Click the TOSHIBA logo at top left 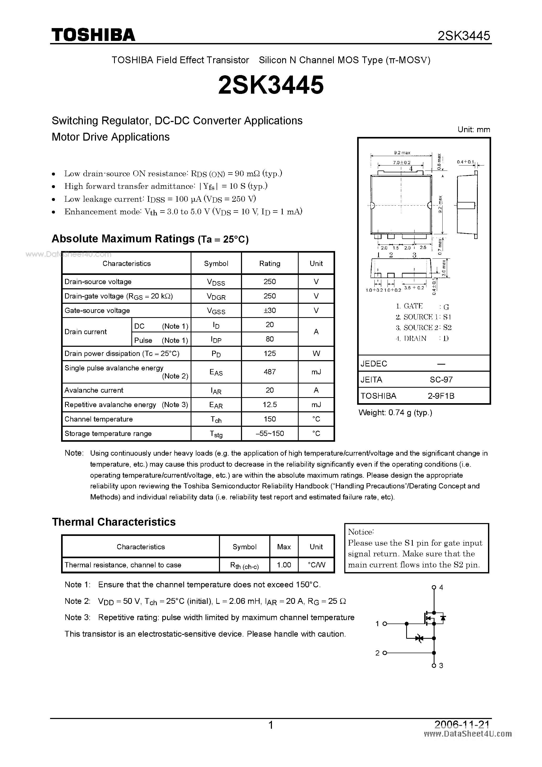(x=93, y=35)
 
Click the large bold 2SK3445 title (x=271, y=85)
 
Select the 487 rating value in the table (x=270, y=372)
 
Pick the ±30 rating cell (x=270, y=310)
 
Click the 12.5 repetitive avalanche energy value (x=270, y=404)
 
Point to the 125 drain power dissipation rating (x=270, y=353)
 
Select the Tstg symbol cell (x=216, y=434)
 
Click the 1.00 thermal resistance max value (x=284, y=565)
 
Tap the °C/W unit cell (x=316, y=565)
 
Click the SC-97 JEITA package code (x=441, y=380)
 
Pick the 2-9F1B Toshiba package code (x=441, y=396)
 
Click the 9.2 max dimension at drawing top (x=402, y=153)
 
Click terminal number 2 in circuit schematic (x=377, y=653)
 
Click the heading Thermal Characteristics (x=114, y=522)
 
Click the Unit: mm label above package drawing (x=474, y=130)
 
